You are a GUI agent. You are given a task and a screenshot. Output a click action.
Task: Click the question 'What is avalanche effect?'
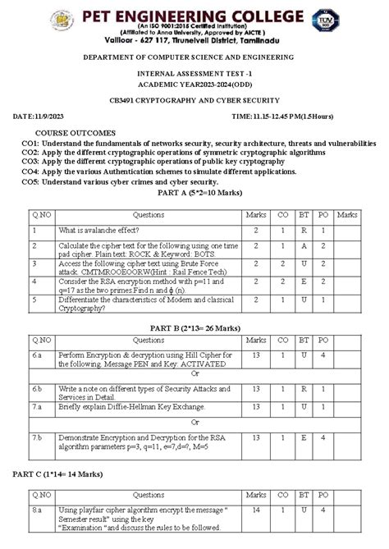[x=101, y=231]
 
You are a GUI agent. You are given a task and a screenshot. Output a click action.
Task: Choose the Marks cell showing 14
[x=256, y=510]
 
